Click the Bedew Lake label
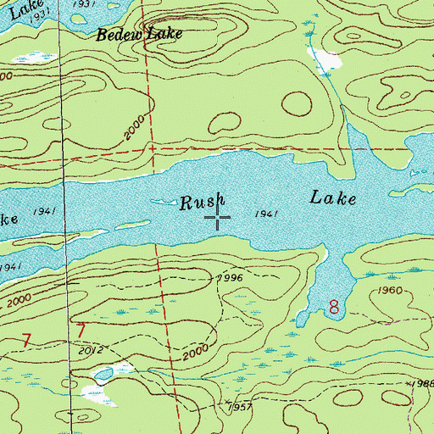139,36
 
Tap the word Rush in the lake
203,203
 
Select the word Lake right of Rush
331,198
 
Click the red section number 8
334,307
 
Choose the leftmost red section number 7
26,341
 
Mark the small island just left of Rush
159,201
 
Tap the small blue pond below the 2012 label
104,374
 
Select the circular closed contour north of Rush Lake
297,104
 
